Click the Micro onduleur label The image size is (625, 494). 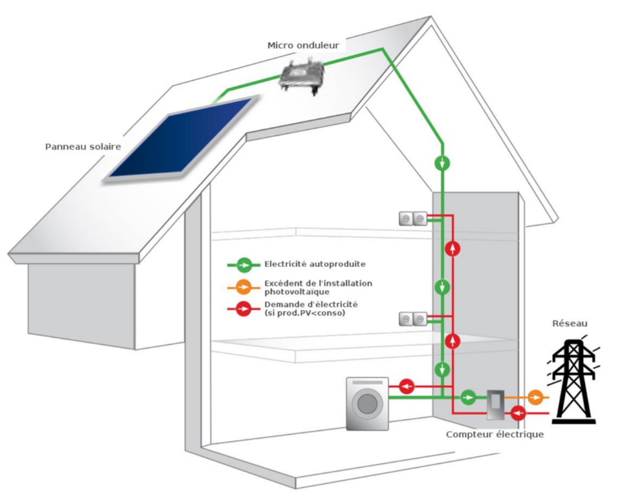(302, 45)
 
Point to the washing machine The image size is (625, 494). (367, 402)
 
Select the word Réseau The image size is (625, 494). (569, 323)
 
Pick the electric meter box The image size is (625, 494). (495, 402)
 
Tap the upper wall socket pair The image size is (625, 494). (412, 219)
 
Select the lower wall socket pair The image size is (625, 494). (412, 318)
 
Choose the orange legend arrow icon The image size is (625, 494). (244, 288)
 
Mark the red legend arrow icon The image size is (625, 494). (244, 310)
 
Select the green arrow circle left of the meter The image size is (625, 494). (468, 397)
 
